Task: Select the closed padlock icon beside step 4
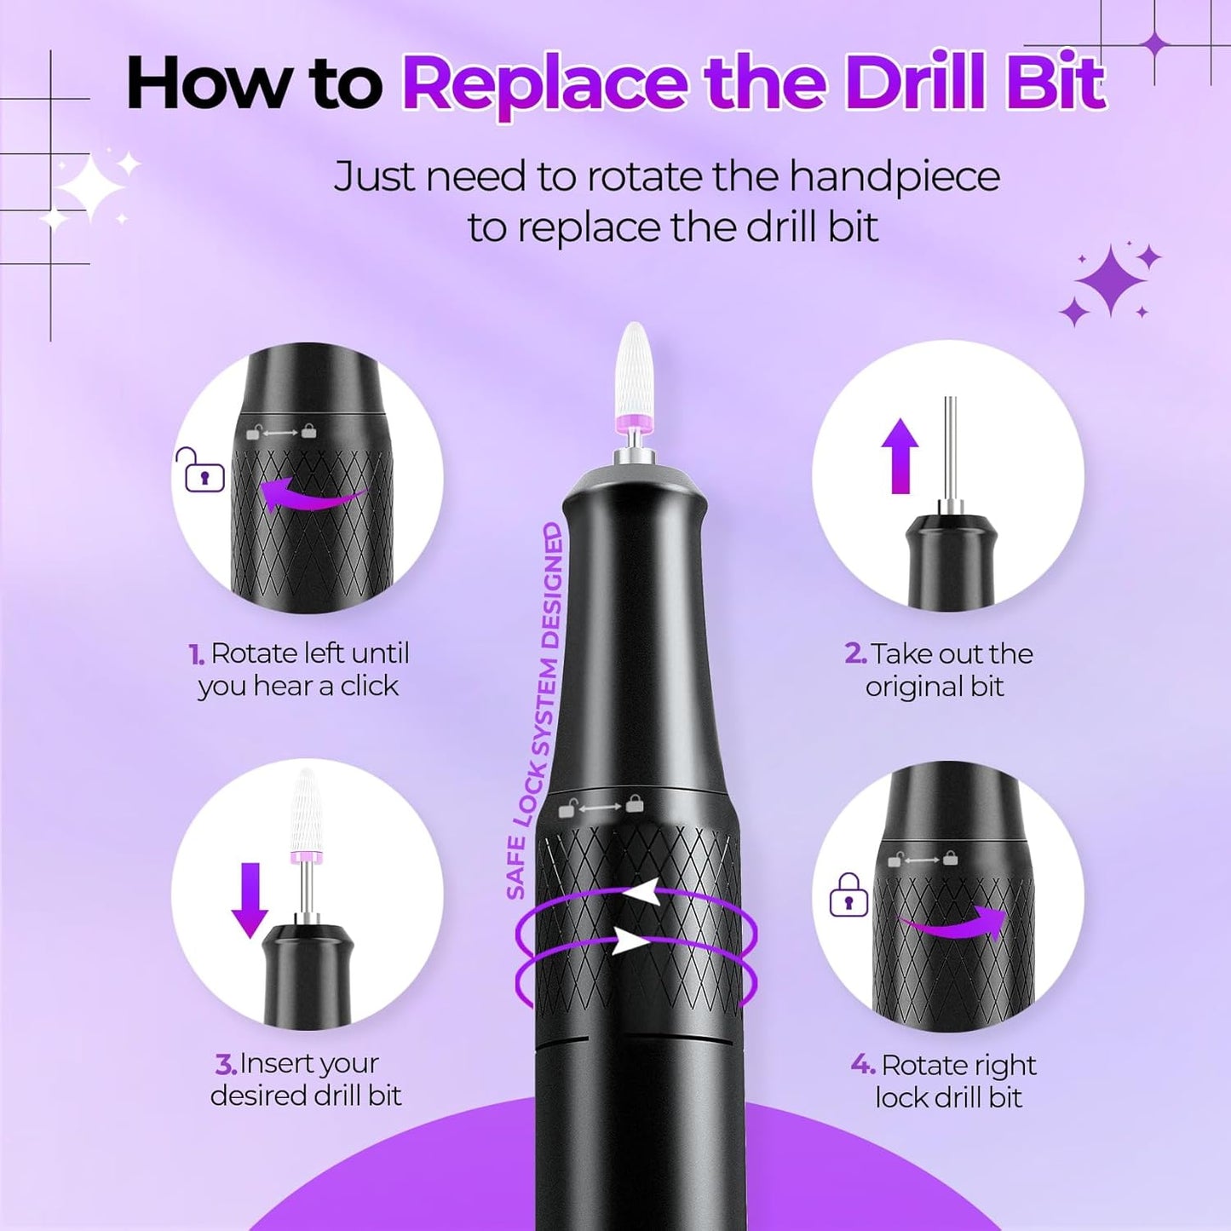click(x=848, y=895)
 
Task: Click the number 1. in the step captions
click(x=196, y=654)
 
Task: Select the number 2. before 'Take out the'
click(x=854, y=654)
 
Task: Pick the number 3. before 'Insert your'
click(x=225, y=1064)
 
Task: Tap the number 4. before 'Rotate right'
click(x=862, y=1065)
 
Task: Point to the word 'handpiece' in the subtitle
click(x=894, y=178)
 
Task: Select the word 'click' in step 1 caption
click(x=369, y=687)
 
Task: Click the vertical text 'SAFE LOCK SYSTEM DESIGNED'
click(x=539, y=711)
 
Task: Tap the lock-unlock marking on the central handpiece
click(x=600, y=806)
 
